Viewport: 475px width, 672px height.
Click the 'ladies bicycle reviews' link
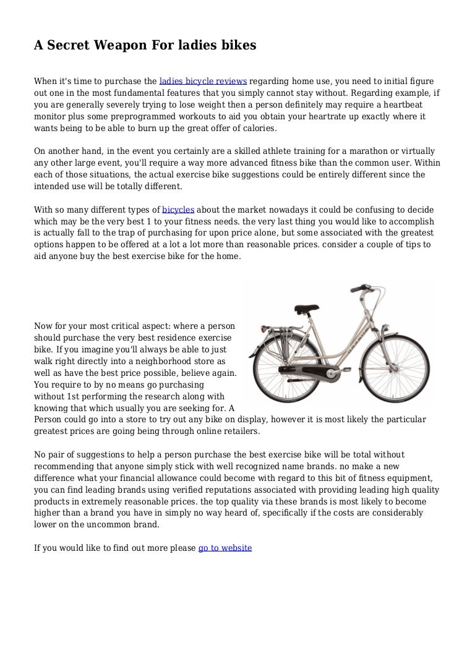(203, 81)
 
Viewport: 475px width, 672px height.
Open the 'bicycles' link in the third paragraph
(177, 210)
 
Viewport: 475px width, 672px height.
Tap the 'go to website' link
(225, 548)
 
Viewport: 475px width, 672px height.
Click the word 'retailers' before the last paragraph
(238, 430)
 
